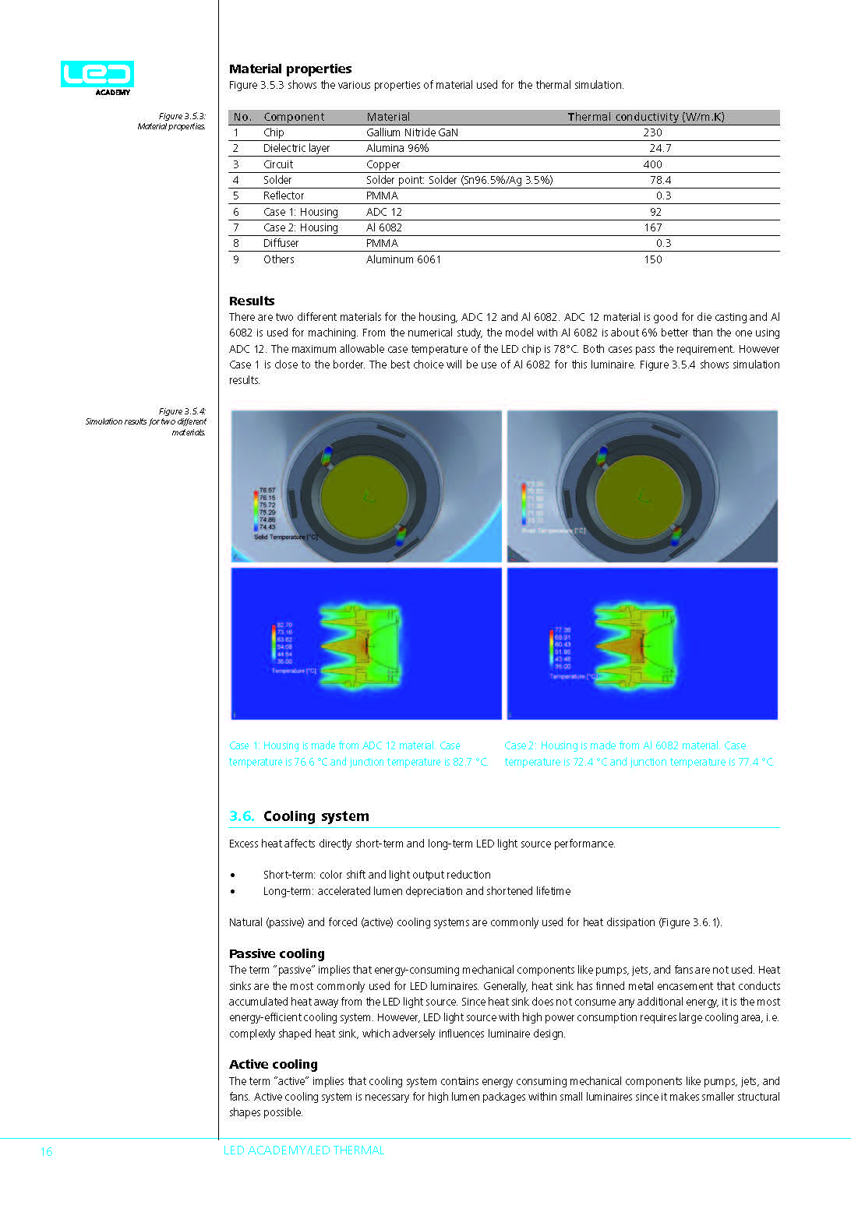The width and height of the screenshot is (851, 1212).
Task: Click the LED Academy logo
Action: tap(97, 77)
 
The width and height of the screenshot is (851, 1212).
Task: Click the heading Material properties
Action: tap(290, 69)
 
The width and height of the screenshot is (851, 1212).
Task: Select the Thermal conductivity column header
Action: tap(645, 117)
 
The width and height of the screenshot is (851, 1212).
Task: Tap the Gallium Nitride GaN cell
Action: tap(411, 132)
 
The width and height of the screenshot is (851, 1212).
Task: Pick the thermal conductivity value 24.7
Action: tap(660, 148)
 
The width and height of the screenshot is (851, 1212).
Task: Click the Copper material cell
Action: tap(383, 164)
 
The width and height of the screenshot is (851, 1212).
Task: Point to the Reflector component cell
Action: tap(284, 196)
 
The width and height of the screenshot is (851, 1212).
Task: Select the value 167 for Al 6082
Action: tap(653, 227)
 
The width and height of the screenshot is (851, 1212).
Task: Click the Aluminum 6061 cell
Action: tap(403, 259)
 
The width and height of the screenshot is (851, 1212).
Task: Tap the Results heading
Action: tap(252, 301)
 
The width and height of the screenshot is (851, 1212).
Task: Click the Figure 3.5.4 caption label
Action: tap(182, 411)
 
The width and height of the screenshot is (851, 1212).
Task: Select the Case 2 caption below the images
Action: tap(639, 753)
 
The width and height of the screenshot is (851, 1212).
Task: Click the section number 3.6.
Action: tap(242, 816)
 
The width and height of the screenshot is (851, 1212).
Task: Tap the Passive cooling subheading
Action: tap(277, 953)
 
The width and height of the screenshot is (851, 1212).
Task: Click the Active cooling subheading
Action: tap(273, 1064)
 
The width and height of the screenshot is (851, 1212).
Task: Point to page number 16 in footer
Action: tap(46, 1151)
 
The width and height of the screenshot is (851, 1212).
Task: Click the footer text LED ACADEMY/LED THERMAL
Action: tap(304, 1150)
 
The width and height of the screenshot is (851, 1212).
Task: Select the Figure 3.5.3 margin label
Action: tap(182, 116)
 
